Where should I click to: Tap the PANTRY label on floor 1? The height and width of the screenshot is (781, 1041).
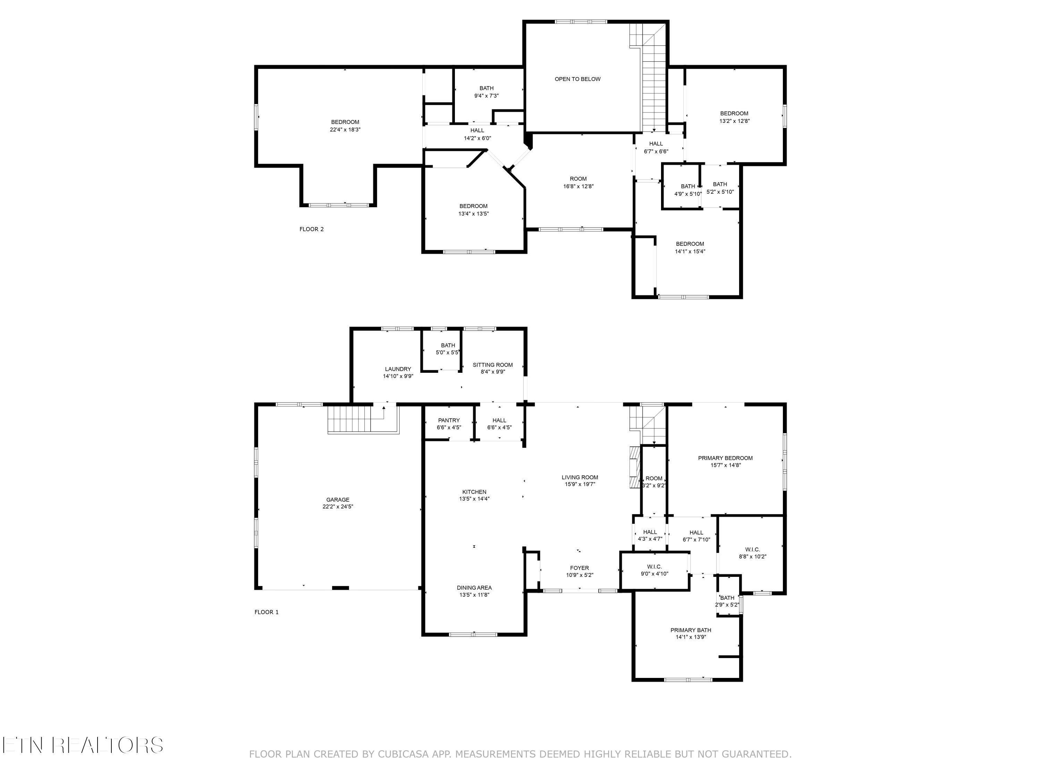click(x=448, y=420)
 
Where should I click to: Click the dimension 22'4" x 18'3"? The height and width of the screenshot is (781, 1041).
click(x=345, y=129)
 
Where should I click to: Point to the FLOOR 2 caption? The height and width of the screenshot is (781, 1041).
click(x=312, y=229)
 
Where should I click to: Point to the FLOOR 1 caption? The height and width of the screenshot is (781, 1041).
click(x=266, y=612)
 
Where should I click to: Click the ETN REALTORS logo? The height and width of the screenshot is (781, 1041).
click(x=82, y=745)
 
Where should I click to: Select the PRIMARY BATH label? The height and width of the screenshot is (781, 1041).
click(x=691, y=630)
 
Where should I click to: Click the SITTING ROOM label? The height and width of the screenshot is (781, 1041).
click(x=492, y=365)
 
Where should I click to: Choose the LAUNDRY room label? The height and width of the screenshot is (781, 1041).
click(x=398, y=369)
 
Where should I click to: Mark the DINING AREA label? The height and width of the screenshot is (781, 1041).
click(x=474, y=588)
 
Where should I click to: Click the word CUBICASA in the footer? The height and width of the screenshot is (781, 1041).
click(x=403, y=754)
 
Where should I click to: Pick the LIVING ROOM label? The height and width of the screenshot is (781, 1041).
click(x=579, y=477)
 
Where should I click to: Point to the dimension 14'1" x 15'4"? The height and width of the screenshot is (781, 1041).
click(x=690, y=251)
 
